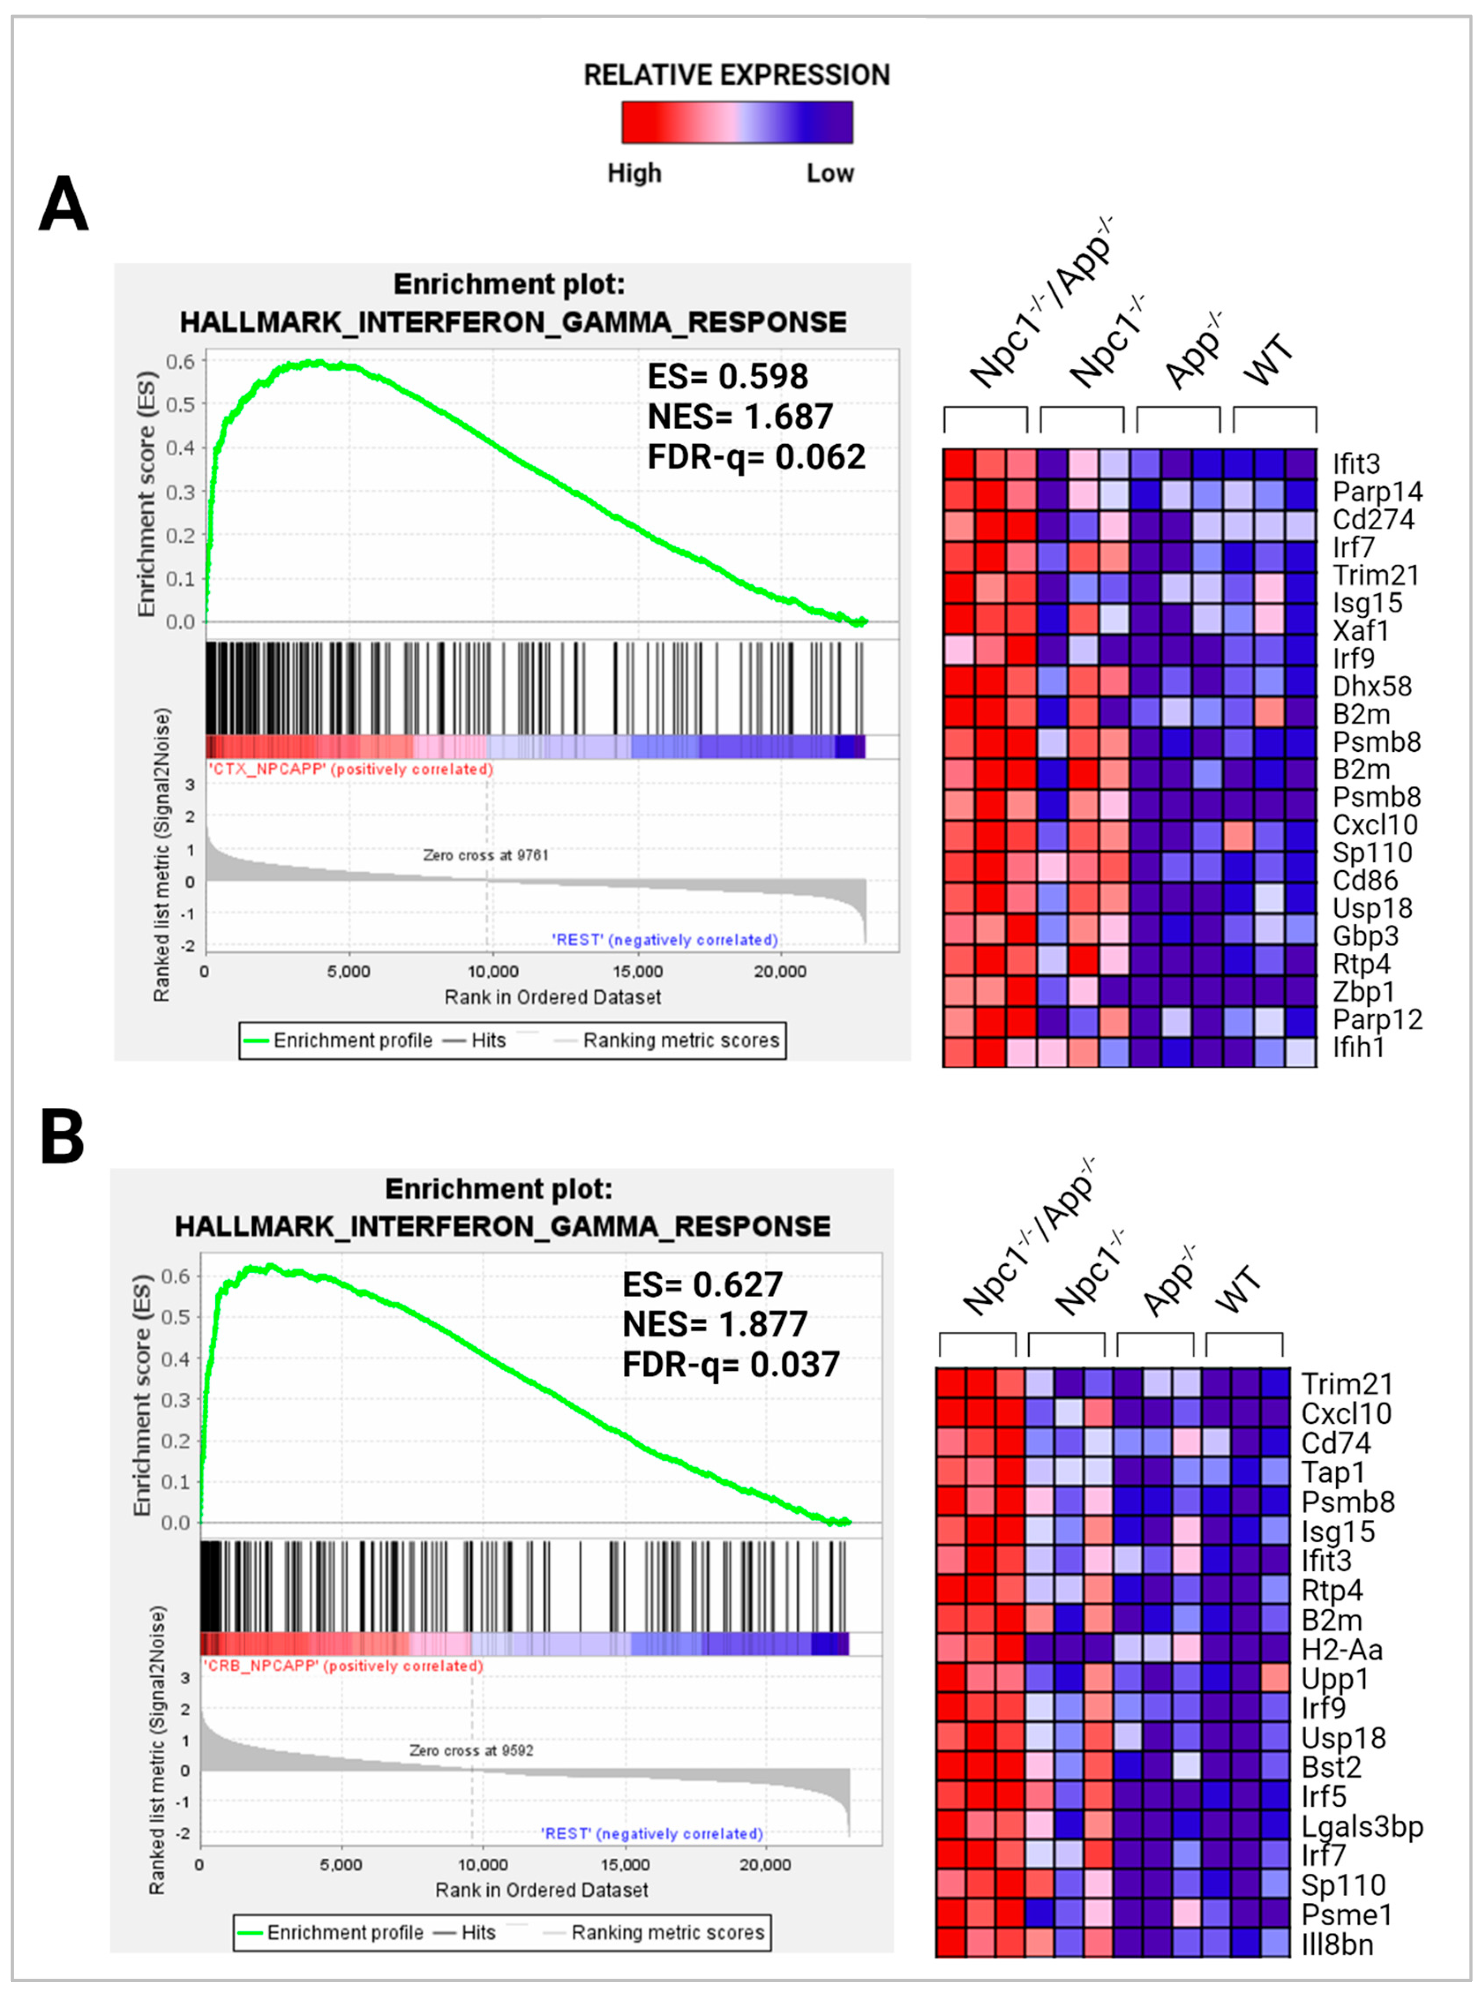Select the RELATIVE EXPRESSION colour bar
[x=737, y=122]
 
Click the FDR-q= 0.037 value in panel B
[x=731, y=1364]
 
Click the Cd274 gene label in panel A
[x=1372, y=519]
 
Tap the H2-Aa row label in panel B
[x=1341, y=1650]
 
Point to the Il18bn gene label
[x=1337, y=1944]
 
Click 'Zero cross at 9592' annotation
[x=471, y=1750]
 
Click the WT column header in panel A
[x=1269, y=361]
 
